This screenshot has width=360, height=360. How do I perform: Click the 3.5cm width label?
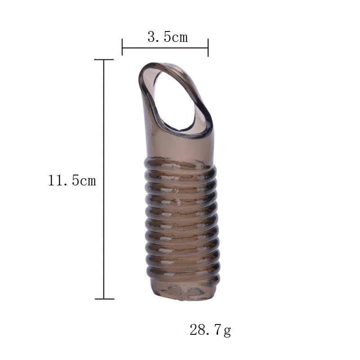click(167, 37)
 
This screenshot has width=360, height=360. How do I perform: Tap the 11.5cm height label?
click(72, 181)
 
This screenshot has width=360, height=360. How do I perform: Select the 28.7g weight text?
click(210, 330)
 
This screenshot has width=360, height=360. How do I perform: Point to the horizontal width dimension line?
click(165, 47)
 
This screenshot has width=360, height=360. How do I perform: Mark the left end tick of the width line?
click(122, 47)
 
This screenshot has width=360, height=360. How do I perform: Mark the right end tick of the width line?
click(208, 47)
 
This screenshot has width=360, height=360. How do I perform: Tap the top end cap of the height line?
click(104, 59)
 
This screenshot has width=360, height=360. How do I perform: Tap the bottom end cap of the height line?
click(104, 298)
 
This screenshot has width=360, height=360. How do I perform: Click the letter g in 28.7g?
click(227, 332)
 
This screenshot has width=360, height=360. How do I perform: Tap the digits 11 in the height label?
click(56, 181)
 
